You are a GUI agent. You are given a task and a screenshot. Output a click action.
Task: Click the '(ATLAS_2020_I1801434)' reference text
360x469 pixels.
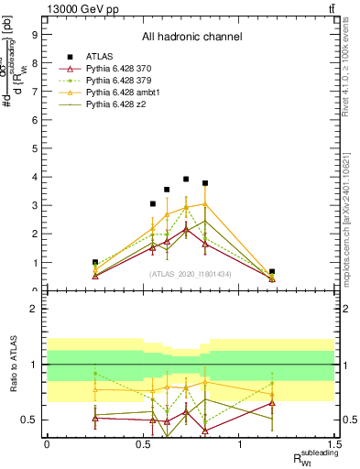(x=191, y=274)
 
